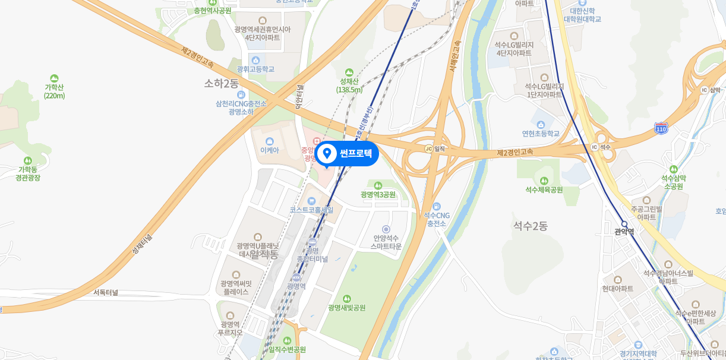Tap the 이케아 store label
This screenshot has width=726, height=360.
[x=270, y=151]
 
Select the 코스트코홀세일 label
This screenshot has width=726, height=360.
[x=311, y=210]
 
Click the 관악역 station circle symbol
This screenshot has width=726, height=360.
[x=624, y=224]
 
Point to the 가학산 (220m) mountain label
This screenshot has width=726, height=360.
[x=54, y=91]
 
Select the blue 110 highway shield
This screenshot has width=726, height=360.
[x=660, y=128]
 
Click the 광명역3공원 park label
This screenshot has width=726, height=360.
[x=378, y=194]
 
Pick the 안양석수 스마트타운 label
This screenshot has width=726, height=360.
[x=386, y=242]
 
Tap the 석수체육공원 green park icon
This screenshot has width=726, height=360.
[x=544, y=180]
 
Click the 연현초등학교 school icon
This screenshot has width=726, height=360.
[x=541, y=124]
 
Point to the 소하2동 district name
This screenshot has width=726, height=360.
[x=221, y=83]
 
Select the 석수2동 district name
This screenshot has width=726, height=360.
[x=531, y=226]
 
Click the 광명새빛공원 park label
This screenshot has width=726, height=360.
[x=346, y=308]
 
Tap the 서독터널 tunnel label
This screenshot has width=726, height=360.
[x=106, y=292]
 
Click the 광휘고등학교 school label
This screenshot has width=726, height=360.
[x=255, y=69]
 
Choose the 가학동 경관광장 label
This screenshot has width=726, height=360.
[x=27, y=173]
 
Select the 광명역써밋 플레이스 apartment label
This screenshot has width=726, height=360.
[x=236, y=288]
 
